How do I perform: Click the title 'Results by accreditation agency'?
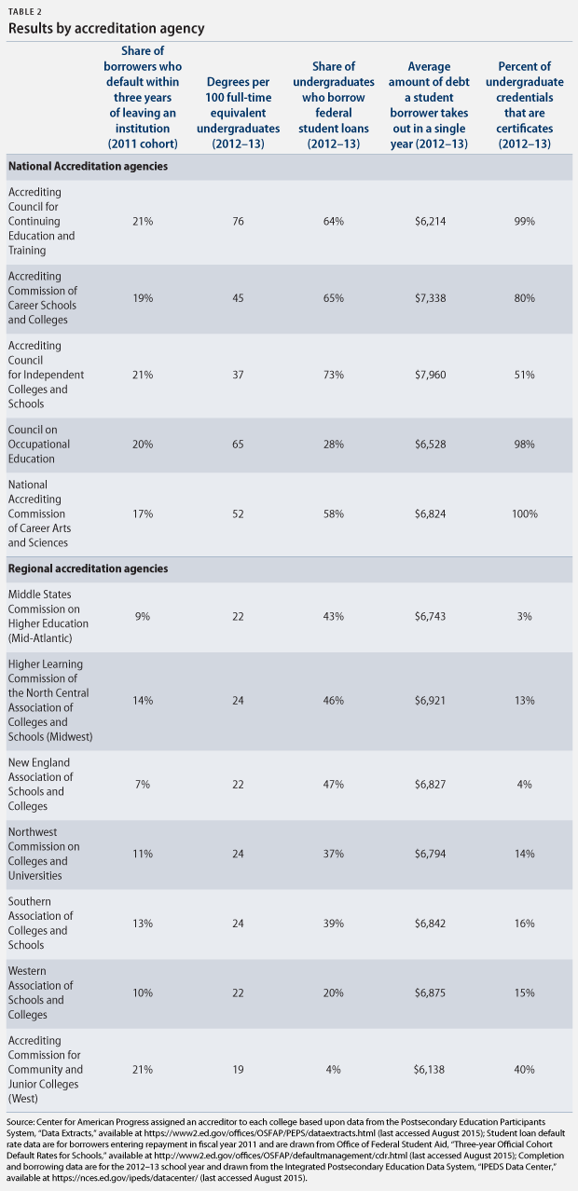[x=106, y=29]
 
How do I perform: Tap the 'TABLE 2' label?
[x=25, y=12]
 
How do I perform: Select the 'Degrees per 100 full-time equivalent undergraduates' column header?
[x=239, y=113]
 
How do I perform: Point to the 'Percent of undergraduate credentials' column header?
[x=524, y=105]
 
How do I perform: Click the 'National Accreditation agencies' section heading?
[x=88, y=167]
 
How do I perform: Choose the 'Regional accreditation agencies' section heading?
[x=88, y=568]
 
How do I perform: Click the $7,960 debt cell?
[x=430, y=375]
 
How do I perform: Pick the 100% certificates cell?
[x=524, y=513]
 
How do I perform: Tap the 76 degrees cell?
[x=239, y=221]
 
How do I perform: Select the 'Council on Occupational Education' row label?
[x=39, y=444]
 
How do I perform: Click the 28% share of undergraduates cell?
[x=334, y=444]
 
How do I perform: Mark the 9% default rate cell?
[x=143, y=616]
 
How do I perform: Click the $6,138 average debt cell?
[x=429, y=1069]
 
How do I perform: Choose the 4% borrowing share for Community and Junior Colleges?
[x=334, y=1069]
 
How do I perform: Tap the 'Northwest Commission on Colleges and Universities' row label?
[x=44, y=854]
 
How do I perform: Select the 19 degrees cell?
[x=239, y=1069]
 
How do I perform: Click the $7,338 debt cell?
[x=430, y=298]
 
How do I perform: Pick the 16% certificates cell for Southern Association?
[x=524, y=923]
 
